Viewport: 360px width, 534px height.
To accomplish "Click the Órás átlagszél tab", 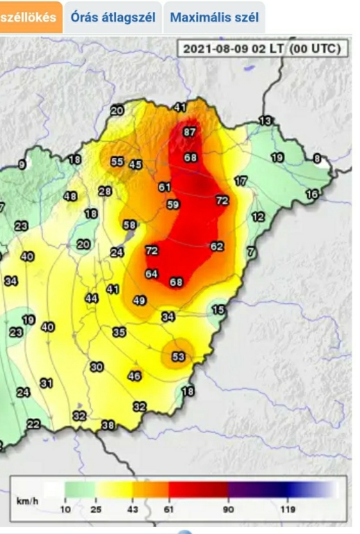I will (x=113, y=17).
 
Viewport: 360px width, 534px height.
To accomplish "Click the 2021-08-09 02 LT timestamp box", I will (x=261, y=49).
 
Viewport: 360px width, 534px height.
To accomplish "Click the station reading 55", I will (x=117, y=161).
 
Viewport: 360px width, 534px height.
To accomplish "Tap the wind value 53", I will (x=179, y=357).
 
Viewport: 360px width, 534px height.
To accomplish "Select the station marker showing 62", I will (x=217, y=246).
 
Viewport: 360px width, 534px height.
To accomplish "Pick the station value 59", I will (x=173, y=204).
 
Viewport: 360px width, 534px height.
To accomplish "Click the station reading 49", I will (x=139, y=300).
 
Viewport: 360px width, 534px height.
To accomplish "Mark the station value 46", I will (x=135, y=376).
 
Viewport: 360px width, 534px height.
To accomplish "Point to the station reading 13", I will (x=265, y=121).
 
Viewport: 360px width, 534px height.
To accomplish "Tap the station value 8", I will (x=317, y=159).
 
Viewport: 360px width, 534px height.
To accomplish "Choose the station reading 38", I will (x=108, y=425).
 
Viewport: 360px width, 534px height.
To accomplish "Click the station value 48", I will (x=70, y=197).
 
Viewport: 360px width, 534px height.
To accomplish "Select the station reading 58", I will (x=129, y=225).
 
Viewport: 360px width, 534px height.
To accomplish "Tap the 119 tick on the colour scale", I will (x=287, y=510).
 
